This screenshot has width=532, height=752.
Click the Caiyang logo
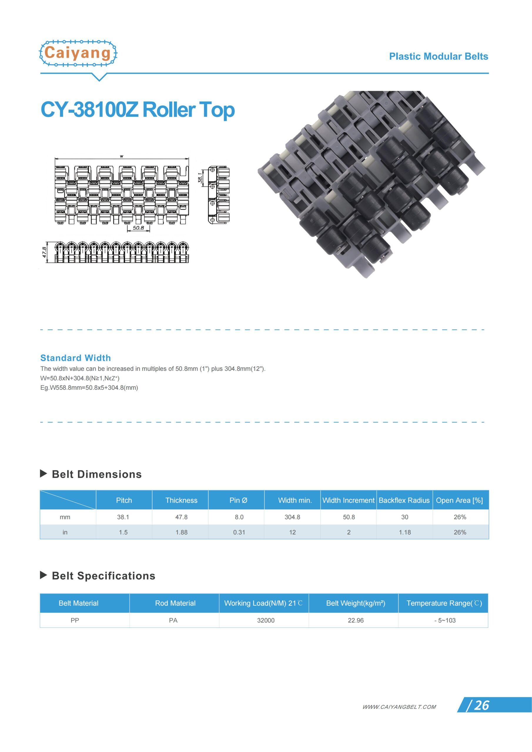[x=78, y=53]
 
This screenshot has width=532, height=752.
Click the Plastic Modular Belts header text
[x=438, y=56]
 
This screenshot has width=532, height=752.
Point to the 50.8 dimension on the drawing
[x=138, y=228]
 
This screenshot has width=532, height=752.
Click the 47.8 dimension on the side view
[x=45, y=252]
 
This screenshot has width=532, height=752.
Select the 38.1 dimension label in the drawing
[x=200, y=178]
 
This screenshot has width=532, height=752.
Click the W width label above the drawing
[x=122, y=157]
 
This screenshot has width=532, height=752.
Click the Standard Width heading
[x=76, y=358]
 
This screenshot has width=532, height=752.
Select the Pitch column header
[x=124, y=500]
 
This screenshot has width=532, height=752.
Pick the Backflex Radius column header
[x=404, y=500]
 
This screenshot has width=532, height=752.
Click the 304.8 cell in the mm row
[x=292, y=517]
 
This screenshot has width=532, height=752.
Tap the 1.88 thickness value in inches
[x=181, y=532]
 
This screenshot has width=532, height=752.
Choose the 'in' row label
[x=65, y=532]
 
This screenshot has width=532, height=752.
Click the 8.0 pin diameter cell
[x=239, y=517]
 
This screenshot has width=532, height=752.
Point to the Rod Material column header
[x=175, y=603]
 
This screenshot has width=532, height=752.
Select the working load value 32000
[x=265, y=620]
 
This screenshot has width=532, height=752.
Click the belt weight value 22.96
[x=356, y=620]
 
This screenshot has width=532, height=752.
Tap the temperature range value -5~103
[x=445, y=620]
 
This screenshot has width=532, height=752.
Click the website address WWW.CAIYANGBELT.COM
[x=399, y=707]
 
